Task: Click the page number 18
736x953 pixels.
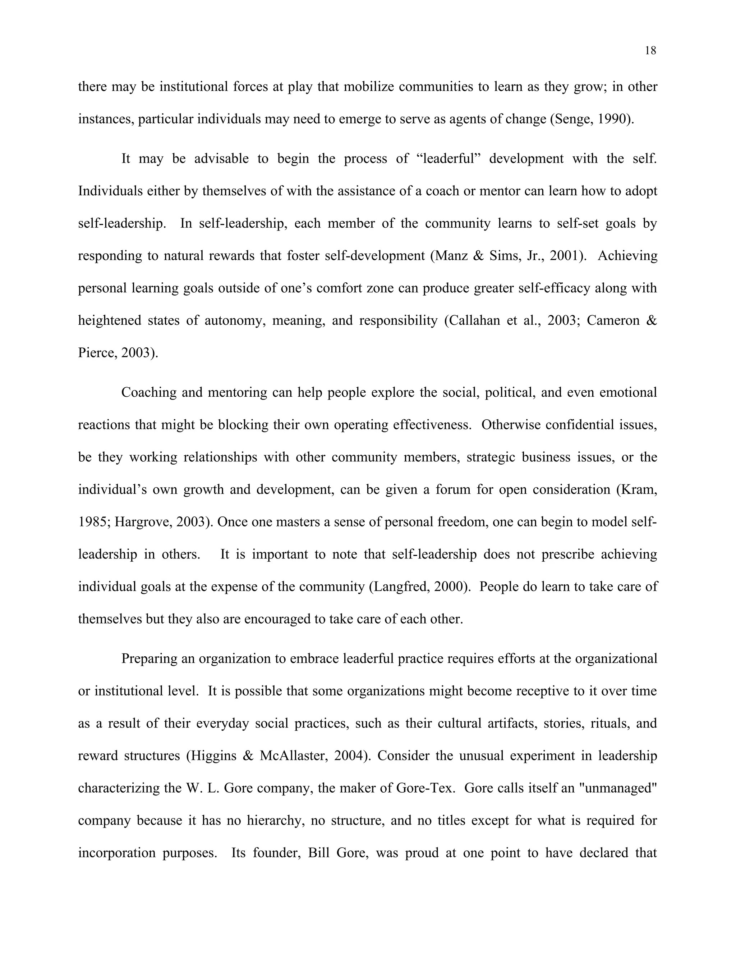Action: click(650, 51)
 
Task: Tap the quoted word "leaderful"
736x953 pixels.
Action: click(445, 158)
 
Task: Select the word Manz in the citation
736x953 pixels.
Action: click(451, 256)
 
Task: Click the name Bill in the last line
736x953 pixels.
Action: click(318, 853)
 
